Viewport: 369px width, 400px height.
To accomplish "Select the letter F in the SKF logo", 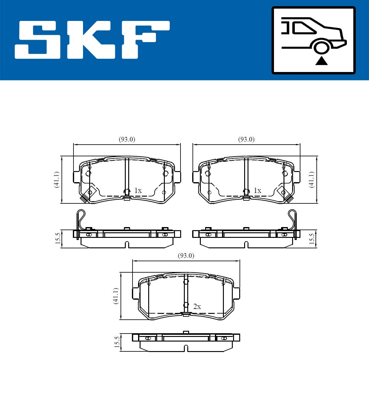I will (x=145, y=40).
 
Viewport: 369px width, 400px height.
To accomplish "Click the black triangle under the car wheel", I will (x=321, y=61).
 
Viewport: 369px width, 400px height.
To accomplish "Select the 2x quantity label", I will (x=197, y=306).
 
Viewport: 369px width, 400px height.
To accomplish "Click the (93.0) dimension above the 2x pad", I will (x=186, y=256).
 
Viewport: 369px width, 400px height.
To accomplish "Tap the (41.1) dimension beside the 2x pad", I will (x=116, y=296).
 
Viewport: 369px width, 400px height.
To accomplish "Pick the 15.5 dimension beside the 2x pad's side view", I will (x=117, y=342).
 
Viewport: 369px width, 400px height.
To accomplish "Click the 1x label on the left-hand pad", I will (x=138, y=191).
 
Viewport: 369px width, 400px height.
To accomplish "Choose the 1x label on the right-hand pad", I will (x=257, y=191).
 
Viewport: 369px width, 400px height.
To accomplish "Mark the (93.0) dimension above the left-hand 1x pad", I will (x=127, y=139).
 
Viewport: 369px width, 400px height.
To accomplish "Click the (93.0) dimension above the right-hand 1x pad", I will (x=246, y=139).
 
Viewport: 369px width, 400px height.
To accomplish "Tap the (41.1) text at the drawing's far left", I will (x=56, y=180).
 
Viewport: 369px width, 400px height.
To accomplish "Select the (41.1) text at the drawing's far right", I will (x=311, y=180).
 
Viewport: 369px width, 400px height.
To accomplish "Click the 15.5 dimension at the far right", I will (x=311, y=239).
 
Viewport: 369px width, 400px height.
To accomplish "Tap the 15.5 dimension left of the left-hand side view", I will (x=57, y=239).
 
